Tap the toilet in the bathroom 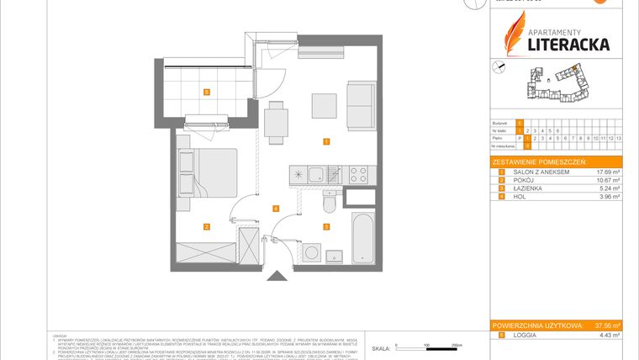[329, 203]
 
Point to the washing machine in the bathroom [312, 252]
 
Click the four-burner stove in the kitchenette [356, 175]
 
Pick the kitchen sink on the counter [315, 175]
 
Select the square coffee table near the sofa [325, 106]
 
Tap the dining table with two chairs [275, 123]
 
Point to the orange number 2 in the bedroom [206, 226]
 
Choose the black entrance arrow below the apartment [275, 277]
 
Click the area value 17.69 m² [608, 172]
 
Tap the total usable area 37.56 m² [605, 325]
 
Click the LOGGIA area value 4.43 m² [609, 335]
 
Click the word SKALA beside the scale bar [381, 347]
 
